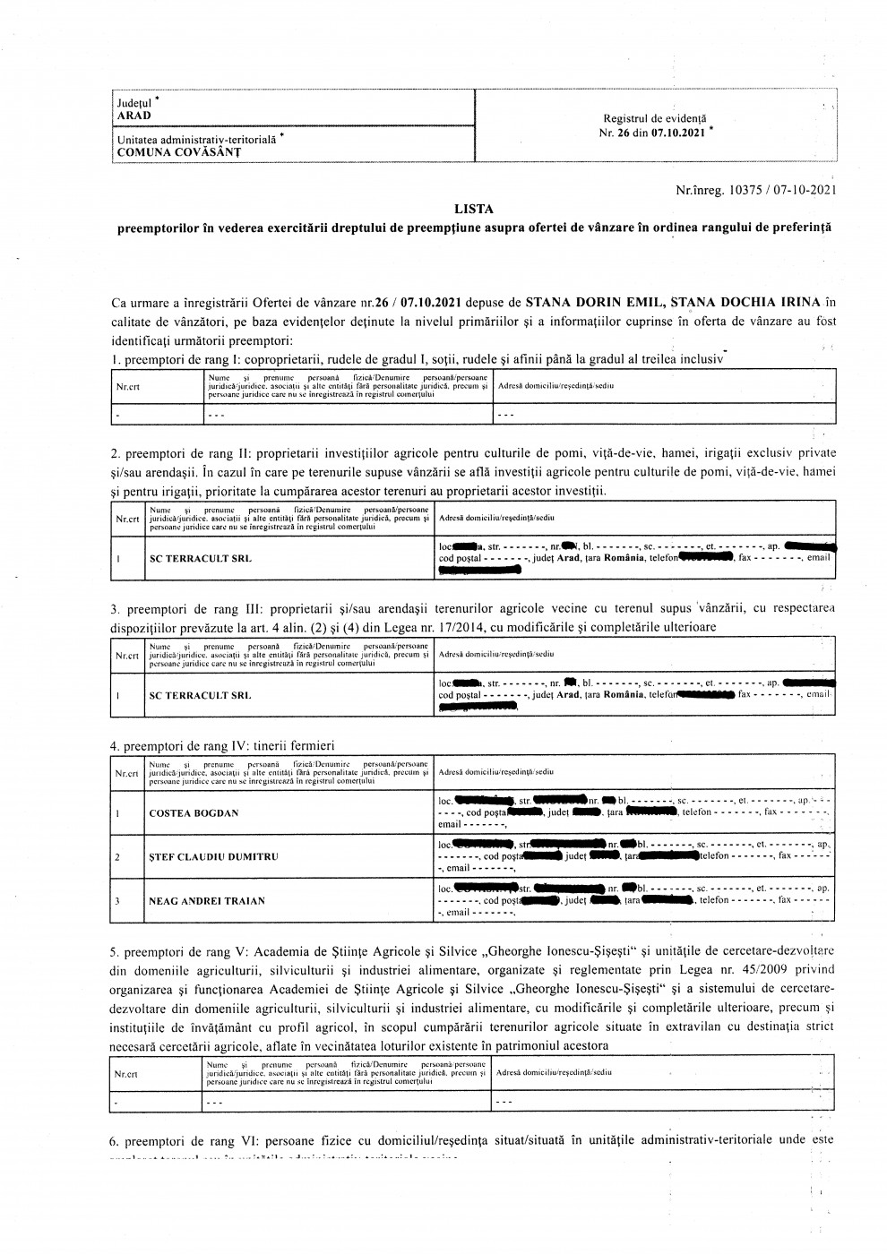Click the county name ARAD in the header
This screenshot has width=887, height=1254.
tap(133, 116)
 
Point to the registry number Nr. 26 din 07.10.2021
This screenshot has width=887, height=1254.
tap(655, 131)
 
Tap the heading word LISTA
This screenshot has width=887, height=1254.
tap(474, 210)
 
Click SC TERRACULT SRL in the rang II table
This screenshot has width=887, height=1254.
tap(200, 558)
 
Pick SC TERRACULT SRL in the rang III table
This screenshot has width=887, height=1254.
tap(200, 695)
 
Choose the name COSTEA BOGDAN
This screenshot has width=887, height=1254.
tap(194, 813)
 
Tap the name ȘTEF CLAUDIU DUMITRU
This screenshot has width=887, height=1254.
tap(213, 856)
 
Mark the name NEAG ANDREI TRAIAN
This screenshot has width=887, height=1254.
tap(207, 900)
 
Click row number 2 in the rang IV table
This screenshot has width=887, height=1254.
tap(117, 856)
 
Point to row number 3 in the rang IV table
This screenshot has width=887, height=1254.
tap(117, 900)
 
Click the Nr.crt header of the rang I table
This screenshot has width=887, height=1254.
tap(128, 387)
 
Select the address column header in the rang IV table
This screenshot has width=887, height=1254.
tap(495, 772)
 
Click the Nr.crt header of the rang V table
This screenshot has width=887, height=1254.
tap(127, 1072)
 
